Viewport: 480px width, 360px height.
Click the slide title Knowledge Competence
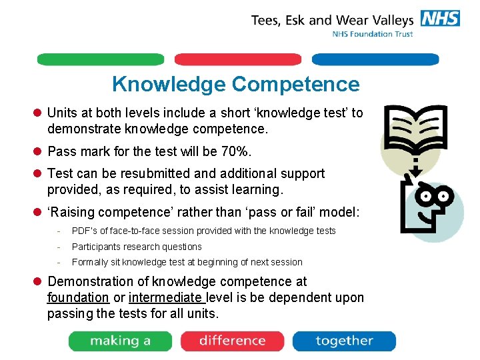coord(235,85)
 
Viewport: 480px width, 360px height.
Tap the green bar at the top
coord(100,59)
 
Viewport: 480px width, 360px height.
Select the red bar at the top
coord(238,59)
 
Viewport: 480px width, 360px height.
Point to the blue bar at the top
coord(375,59)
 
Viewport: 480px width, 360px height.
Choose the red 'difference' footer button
coord(232,341)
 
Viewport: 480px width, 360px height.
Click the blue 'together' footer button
coord(344,341)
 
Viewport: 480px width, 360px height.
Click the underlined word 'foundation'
coord(78,297)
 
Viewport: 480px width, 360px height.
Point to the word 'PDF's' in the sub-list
coord(84,231)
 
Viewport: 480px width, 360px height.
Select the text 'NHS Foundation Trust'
coord(373,34)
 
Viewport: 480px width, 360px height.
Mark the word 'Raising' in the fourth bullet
coord(75,212)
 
